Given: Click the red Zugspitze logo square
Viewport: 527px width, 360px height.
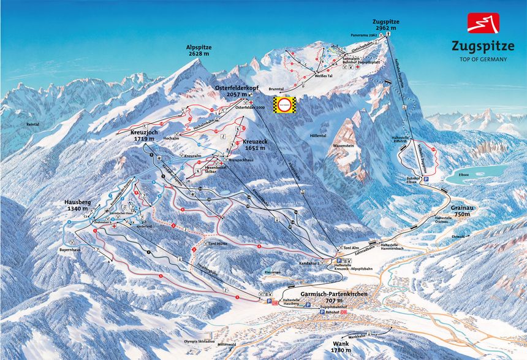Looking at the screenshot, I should [x=483, y=23].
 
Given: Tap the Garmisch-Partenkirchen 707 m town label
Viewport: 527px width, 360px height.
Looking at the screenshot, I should [x=330, y=297].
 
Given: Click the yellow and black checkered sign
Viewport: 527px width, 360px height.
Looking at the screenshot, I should [x=284, y=105].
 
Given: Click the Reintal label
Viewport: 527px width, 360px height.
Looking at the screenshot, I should [x=32, y=124].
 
